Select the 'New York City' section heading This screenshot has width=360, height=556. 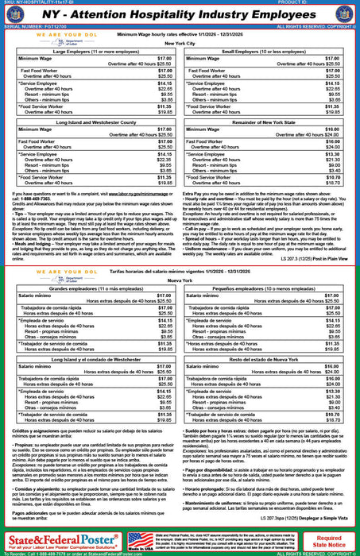pos(180,44)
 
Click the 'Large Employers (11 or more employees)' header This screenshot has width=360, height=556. pos(93,52)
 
